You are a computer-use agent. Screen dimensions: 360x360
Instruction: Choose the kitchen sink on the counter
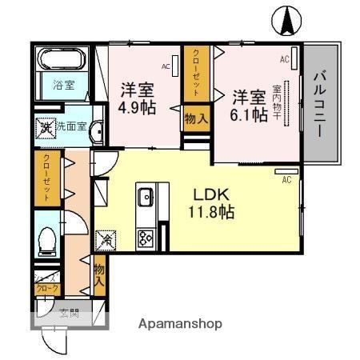pyautogui.click(x=146, y=197)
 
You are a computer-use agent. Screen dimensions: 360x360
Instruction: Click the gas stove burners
pyautogui.click(x=146, y=237)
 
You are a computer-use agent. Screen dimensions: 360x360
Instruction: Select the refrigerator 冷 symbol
pyautogui.click(x=106, y=238)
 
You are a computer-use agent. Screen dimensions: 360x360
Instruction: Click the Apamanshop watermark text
pyautogui.click(x=181, y=324)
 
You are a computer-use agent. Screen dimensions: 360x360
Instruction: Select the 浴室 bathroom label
pyautogui.click(x=63, y=84)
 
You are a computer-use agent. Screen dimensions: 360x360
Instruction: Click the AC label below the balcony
pyautogui.click(x=286, y=180)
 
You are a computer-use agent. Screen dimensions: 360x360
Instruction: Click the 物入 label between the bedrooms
pyautogui.click(x=196, y=118)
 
